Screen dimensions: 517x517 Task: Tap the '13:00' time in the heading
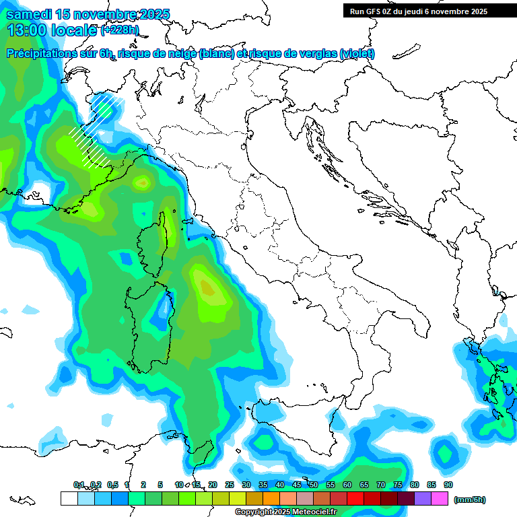tap(26, 30)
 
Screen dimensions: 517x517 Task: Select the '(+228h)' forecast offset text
tap(120, 30)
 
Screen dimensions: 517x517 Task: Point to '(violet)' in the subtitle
tap(357, 54)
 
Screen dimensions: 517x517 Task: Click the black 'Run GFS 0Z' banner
tap(418, 11)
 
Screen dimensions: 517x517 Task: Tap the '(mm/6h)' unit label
tap(471, 499)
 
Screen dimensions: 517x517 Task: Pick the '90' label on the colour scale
tap(448, 485)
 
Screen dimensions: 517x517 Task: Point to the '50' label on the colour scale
tap(314, 485)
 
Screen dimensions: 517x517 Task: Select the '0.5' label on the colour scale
tap(112, 485)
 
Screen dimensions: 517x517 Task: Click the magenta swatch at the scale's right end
tap(440, 499)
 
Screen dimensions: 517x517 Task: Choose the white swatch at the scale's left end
tap(69, 499)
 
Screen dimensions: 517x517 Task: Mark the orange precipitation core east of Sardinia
tap(207, 288)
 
